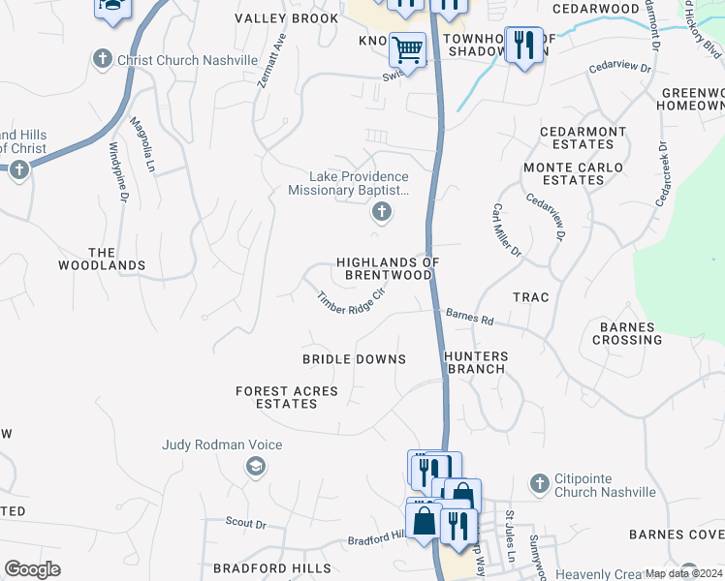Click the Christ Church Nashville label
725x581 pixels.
pyautogui.click(x=187, y=60)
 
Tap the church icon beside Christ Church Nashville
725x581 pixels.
pyautogui.click(x=103, y=60)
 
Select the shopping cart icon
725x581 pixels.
pyautogui.click(x=408, y=49)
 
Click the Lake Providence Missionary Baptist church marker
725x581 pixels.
pyautogui.click(x=382, y=213)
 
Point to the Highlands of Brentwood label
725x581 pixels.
pyautogui.click(x=388, y=268)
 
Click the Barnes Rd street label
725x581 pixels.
pyautogui.click(x=470, y=317)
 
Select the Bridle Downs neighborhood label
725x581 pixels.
pyautogui.click(x=354, y=359)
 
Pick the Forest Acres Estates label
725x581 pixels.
pyautogui.click(x=287, y=397)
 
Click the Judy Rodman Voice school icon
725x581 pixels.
pyautogui.click(x=255, y=468)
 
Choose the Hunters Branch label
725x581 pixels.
pyautogui.click(x=475, y=362)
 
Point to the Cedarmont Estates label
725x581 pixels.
pyautogui.click(x=577, y=138)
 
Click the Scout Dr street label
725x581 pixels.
pyautogui.click(x=245, y=524)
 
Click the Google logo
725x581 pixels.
pyautogui.click(x=32, y=569)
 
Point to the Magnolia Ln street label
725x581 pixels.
pyautogui.click(x=142, y=146)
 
